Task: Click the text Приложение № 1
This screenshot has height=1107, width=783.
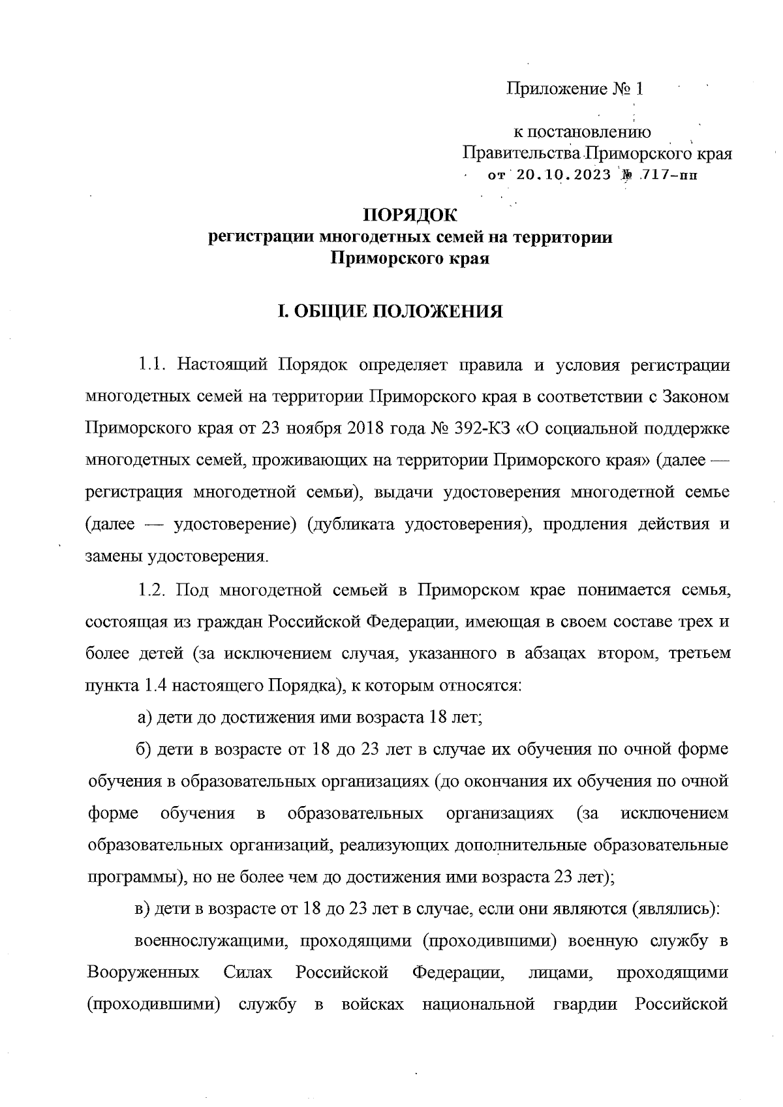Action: coord(575,89)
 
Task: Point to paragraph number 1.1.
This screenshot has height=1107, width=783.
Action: coord(153,365)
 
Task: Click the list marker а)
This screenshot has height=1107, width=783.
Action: coord(145,718)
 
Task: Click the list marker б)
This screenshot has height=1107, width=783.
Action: coord(145,749)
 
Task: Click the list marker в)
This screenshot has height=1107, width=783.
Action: coord(144,909)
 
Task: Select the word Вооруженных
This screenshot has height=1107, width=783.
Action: coord(144,973)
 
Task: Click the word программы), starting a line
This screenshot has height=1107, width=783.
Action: coord(135,877)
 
